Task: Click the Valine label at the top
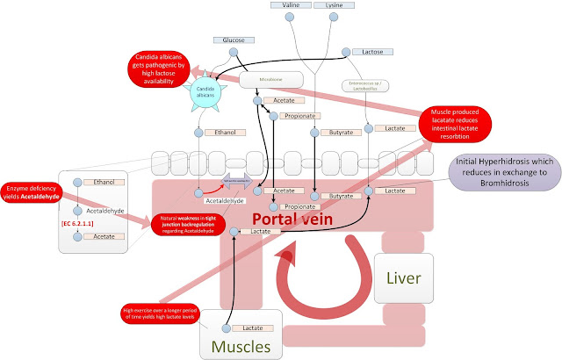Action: [x=290, y=5]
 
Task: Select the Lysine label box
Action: [x=334, y=5]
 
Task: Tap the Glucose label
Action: [x=234, y=40]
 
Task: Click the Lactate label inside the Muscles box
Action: [x=253, y=327]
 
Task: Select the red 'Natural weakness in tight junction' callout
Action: [x=190, y=221]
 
